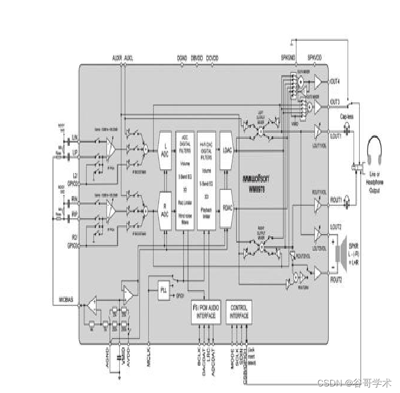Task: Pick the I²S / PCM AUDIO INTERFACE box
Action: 205,312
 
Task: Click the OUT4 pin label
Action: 335,82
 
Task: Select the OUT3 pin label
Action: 335,102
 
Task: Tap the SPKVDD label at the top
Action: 315,57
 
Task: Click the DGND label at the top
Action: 182,57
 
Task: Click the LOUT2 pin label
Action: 336,226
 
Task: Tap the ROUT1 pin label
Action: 335,200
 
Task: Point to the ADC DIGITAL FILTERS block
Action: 185,180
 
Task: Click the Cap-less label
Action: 347,116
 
